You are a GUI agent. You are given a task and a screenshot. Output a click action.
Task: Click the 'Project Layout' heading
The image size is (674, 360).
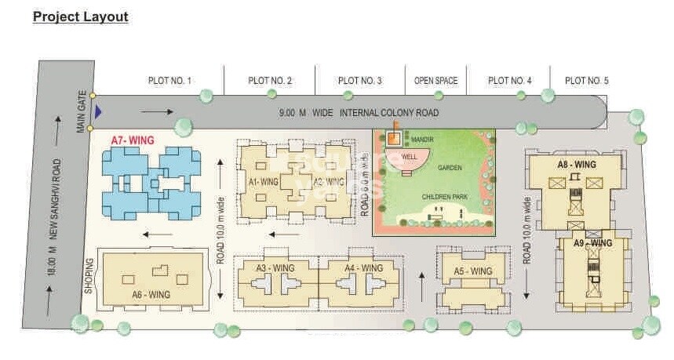pos(80,16)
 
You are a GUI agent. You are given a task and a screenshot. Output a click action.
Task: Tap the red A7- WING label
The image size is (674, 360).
pos(133,140)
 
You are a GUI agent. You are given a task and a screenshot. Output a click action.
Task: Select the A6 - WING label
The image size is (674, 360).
pos(148,295)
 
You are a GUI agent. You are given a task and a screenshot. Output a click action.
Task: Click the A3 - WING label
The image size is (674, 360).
pos(275,268)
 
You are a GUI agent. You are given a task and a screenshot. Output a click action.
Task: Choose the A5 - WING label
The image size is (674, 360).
pos(472,271)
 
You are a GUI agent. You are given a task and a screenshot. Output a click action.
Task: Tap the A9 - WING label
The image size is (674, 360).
pos(593,243)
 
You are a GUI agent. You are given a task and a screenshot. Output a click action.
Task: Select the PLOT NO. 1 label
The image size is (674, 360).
pos(169,81)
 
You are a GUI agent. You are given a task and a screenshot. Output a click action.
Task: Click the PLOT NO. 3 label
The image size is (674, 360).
pos(360,81)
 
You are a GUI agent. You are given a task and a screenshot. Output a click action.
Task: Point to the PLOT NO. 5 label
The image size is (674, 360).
pos(587,81)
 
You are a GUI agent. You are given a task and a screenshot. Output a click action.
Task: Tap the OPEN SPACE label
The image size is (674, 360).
pos(436,81)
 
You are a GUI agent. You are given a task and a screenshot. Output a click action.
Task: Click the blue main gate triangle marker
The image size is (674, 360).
pos(98,113)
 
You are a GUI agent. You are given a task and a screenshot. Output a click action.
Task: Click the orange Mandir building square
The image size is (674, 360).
pos(395,139)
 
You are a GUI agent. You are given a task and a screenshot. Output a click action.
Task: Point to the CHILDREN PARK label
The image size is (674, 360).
pos(445,197)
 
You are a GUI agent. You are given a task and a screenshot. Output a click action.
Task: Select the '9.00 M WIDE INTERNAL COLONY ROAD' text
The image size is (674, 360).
pos(359,114)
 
